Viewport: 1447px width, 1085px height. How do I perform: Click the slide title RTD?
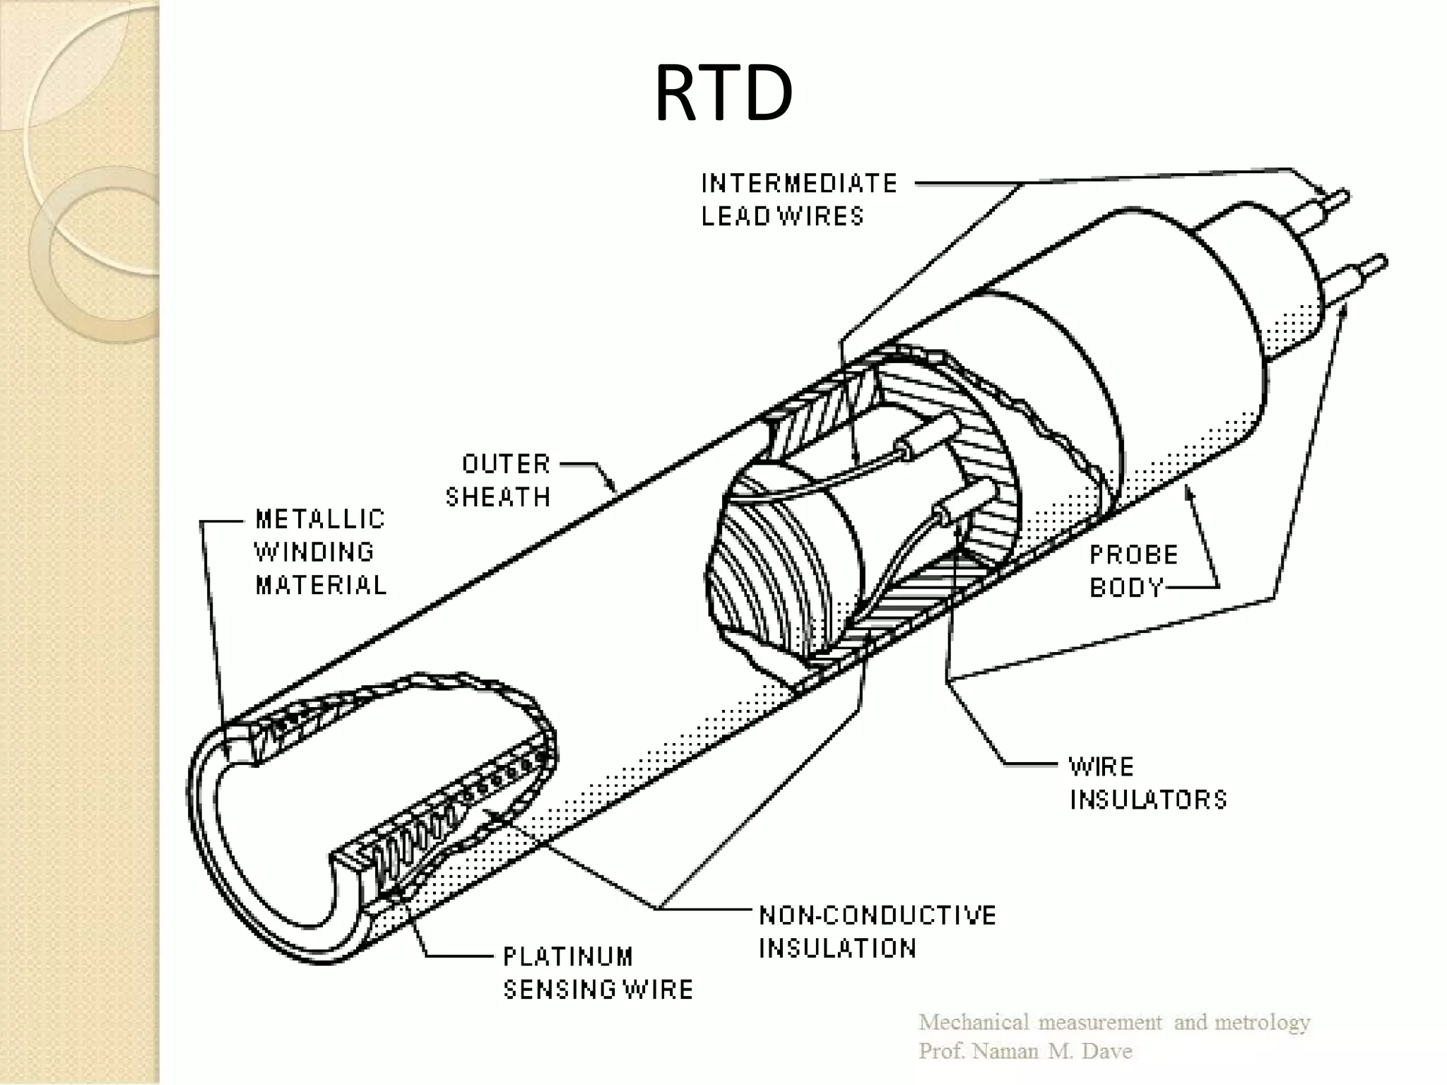click(x=723, y=95)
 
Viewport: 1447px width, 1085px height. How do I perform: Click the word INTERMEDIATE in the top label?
click(x=799, y=184)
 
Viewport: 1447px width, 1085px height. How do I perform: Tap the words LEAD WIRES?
click(x=783, y=216)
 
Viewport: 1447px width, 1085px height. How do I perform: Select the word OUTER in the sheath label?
click(x=506, y=464)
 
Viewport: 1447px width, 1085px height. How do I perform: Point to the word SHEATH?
click(x=498, y=497)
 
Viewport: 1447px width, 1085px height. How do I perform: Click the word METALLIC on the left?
click(x=320, y=519)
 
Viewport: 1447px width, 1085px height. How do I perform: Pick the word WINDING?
click(x=314, y=552)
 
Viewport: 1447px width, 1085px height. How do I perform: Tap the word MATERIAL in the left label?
click(x=321, y=585)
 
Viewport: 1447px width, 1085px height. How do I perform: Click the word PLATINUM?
click(x=568, y=956)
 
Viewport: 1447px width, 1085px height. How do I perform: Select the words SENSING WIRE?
click(x=598, y=990)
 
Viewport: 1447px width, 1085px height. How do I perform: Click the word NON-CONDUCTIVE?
click(x=878, y=915)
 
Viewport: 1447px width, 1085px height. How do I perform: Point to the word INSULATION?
click(x=838, y=948)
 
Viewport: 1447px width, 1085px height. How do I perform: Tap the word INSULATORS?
click(x=1149, y=800)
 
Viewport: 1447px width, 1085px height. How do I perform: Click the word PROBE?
click(x=1134, y=555)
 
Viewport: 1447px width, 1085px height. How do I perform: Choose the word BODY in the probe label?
click(x=1126, y=588)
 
